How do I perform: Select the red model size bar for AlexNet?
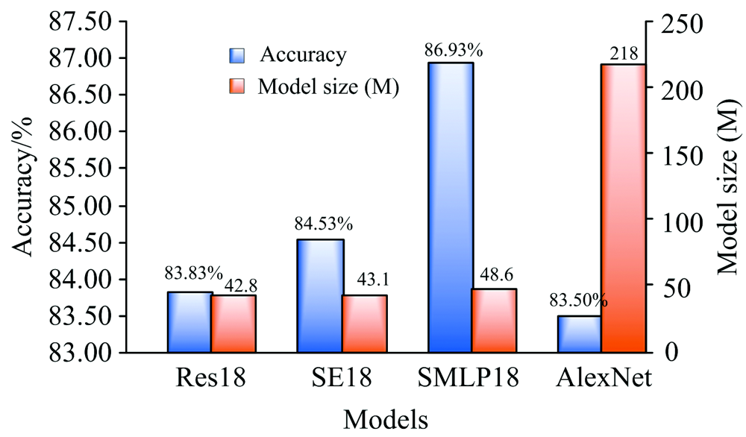[624, 208]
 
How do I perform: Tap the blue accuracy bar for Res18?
[190, 322]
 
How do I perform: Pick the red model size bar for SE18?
[365, 324]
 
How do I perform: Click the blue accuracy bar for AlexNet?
[580, 334]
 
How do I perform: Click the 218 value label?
[624, 53]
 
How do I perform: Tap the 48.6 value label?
[495, 274]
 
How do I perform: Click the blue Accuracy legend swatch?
[236, 55]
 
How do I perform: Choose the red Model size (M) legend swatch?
[236, 87]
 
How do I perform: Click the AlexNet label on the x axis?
[604, 380]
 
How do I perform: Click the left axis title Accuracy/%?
[25, 187]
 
